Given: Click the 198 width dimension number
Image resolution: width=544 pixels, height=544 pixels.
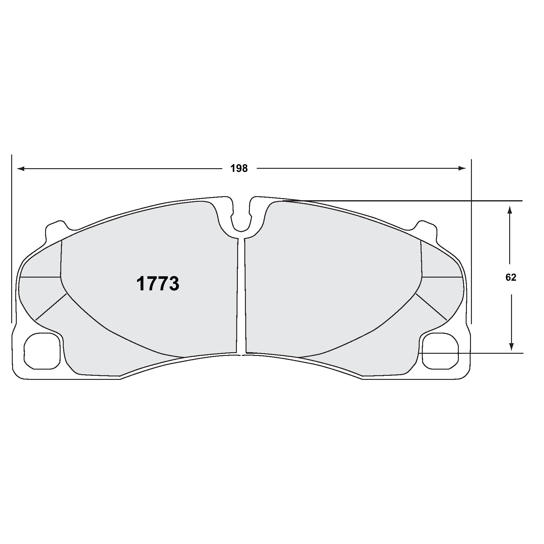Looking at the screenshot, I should pyautogui.click(x=239, y=169).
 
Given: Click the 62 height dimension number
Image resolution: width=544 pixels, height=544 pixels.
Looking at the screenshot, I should pyautogui.click(x=511, y=277).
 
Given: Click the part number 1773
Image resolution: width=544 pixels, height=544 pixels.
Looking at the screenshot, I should pyautogui.click(x=158, y=284).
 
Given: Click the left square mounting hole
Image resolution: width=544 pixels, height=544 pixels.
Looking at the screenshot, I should pyautogui.click(x=42, y=351).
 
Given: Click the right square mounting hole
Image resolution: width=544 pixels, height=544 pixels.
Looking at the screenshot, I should pyautogui.click(x=440, y=351).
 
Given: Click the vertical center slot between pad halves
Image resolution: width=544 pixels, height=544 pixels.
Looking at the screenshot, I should pyautogui.click(x=241, y=295).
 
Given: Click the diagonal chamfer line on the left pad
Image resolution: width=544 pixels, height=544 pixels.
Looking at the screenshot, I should pyautogui.click(x=51, y=306).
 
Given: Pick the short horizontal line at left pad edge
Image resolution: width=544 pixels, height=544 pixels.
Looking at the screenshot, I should pyautogui.click(x=40, y=277).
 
